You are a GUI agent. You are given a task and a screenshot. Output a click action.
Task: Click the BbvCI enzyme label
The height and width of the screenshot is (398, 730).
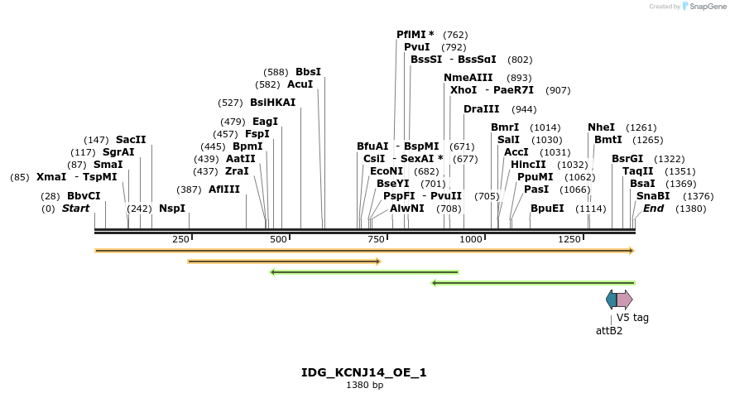84,196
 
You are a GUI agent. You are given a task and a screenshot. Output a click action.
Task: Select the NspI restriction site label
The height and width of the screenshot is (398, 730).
172,209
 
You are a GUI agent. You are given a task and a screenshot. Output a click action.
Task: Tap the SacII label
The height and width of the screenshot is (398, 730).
131,140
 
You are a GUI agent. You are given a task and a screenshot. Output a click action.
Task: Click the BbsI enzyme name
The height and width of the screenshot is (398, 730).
308,72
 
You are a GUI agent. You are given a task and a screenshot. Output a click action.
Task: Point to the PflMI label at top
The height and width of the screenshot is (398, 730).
415,35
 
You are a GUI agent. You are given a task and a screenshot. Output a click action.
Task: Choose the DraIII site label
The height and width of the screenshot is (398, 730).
482,109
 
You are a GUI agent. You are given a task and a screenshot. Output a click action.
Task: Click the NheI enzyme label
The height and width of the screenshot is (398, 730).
602,127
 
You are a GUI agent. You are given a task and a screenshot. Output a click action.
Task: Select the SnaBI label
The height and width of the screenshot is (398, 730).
653,196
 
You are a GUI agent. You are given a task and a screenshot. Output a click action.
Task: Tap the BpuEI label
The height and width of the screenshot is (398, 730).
547,209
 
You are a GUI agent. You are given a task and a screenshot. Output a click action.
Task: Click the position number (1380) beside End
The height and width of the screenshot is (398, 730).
690,209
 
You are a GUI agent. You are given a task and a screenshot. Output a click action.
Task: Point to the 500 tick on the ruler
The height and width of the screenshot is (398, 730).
279,239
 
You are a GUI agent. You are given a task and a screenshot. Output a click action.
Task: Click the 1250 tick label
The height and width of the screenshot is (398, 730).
569,239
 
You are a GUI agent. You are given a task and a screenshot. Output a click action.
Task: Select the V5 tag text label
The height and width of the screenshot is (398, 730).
632,317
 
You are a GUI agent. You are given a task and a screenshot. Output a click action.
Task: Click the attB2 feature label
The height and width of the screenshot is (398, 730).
609,330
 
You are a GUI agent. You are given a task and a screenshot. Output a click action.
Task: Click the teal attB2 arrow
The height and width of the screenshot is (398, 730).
611,300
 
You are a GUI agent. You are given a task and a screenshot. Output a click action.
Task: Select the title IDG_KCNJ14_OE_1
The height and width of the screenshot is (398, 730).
364,372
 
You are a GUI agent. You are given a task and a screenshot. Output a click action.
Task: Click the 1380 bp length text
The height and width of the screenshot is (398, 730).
364,386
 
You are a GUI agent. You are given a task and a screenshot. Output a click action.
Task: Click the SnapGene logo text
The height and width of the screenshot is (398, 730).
705,6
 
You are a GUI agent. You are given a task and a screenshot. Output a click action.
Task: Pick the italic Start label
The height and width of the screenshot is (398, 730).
75,209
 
